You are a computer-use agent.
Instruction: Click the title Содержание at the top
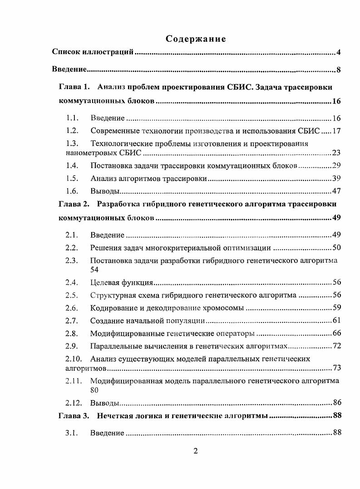click(x=196, y=39)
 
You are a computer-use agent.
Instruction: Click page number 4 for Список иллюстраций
click(x=338, y=53)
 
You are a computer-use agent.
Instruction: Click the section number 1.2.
click(x=73, y=131)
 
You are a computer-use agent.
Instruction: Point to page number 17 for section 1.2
click(x=336, y=131)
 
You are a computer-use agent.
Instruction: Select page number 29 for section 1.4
click(x=336, y=165)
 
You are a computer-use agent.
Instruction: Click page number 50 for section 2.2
click(x=336, y=248)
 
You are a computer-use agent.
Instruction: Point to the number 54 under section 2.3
click(x=94, y=269)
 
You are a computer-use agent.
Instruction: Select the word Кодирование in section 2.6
click(x=112, y=308)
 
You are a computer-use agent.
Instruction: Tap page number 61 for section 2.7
click(x=336, y=321)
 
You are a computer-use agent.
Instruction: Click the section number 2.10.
click(x=74, y=359)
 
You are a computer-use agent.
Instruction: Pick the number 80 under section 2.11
click(x=94, y=389)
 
